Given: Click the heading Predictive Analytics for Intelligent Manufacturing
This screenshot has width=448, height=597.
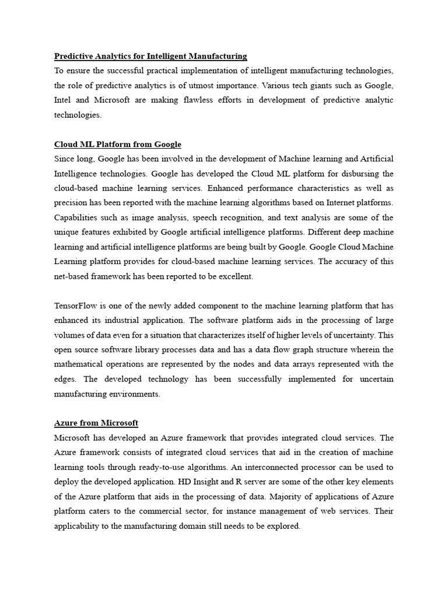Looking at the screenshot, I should (150, 56).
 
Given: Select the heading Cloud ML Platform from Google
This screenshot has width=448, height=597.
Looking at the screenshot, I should (118, 144).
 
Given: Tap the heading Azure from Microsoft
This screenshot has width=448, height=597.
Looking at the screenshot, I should (96, 423).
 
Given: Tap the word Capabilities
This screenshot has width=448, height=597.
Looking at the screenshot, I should (77, 217).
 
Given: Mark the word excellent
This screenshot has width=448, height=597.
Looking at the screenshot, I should (236, 276).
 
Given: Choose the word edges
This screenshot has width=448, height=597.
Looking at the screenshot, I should (65, 379).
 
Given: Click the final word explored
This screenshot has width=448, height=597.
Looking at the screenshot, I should (282, 526).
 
